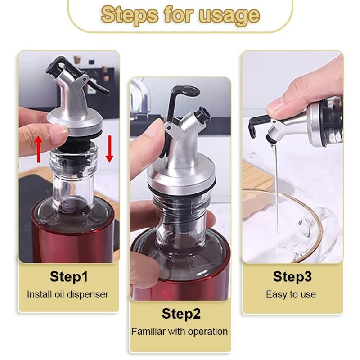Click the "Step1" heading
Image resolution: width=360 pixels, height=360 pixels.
click(x=69, y=276)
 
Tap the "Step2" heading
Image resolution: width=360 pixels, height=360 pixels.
click(x=181, y=314)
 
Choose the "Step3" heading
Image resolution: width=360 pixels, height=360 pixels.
click(x=292, y=276)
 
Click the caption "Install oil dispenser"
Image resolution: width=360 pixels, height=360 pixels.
click(x=68, y=295)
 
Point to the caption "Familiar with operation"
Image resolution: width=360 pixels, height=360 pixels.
click(x=180, y=332)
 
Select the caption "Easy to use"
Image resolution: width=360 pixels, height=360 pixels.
click(x=291, y=295)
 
